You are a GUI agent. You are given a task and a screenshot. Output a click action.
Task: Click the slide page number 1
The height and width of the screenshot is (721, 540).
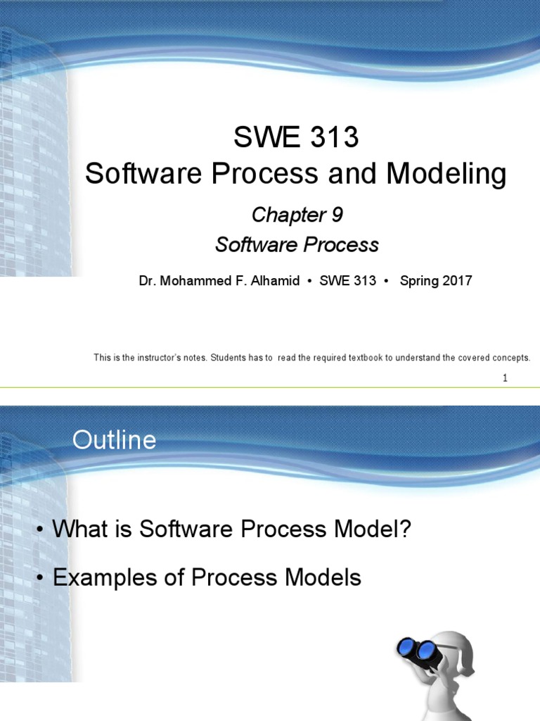(x=505, y=378)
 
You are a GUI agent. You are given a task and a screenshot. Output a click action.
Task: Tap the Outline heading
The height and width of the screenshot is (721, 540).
(x=114, y=441)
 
